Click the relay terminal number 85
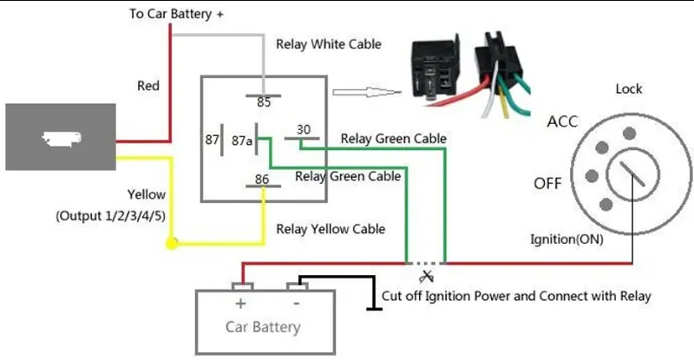click(x=264, y=102)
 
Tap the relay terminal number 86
click(x=262, y=179)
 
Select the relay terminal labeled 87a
click(x=242, y=141)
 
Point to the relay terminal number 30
click(x=303, y=130)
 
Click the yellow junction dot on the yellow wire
click(x=172, y=243)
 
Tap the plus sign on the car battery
click(x=240, y=304)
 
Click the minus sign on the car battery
click(x=297, y=304)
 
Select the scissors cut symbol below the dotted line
click(x=426, y=277)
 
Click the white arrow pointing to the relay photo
click(x=367, y=92)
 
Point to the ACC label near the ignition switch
click(x=562, y=121)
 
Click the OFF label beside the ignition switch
click(x=547, y=183)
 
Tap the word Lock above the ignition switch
click(x=628, y=89)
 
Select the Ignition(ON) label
click(x=566, y=239)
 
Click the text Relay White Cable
click(x=329, y=44)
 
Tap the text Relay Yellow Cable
click(x=331, y=229)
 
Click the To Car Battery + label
click(x=176, y=14)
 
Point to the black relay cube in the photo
click(x=435, y=68)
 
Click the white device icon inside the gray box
click(x=62, y=138)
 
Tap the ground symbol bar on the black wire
click(x=374, y=309)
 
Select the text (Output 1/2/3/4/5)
click(x=111, y=216)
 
